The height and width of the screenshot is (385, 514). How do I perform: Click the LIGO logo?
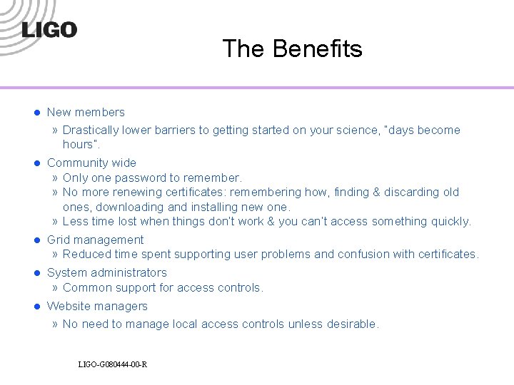click(49, 30)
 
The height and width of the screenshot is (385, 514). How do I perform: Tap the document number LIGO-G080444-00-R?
click(113, 365)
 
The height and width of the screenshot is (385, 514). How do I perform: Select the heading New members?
click(86, 112)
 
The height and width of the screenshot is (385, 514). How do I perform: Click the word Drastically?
click(91, 130)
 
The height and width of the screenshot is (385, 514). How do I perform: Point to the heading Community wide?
click(91, 163)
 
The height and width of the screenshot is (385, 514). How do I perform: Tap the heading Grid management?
click(95, 240)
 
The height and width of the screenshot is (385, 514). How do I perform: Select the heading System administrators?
click(106, 272)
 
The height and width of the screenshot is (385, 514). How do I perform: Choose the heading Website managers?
click(97, 306)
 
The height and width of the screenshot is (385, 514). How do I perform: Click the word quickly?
click(451, 221)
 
